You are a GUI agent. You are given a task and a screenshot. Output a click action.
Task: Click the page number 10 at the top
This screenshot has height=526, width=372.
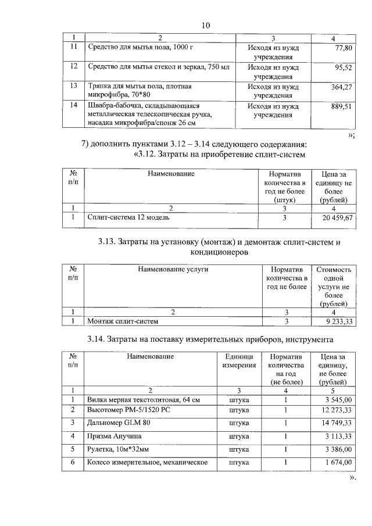pyautogui.click(x=205, y=25)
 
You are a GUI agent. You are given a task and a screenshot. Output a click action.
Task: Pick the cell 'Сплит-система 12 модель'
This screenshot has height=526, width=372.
pyautogui.click(x=127, y=217)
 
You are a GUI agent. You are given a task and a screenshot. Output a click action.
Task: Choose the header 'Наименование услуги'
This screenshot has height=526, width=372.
pyautogui.click(x=173, y=269)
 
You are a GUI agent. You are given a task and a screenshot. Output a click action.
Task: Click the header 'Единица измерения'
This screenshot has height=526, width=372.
pyautogui.click(x=238, y=360)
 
